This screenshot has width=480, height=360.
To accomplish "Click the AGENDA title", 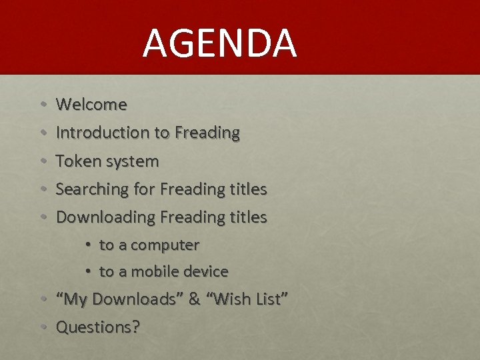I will tap(219, 43).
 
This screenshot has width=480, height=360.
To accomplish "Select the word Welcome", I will tap(91, 105).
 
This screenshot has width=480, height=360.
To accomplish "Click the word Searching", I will tap(93, 189).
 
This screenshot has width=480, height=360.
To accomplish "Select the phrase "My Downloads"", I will tap(120, 299).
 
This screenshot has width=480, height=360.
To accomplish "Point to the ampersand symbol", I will tap(194, 299).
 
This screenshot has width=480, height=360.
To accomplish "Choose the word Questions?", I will tap(98, 327).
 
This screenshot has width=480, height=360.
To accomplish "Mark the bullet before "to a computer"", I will tap(88, 245).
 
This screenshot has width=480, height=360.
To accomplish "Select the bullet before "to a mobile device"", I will tap(88, 272).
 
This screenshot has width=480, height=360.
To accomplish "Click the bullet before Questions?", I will tap(43, 328).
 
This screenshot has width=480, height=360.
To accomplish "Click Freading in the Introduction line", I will tap(207, 133).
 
